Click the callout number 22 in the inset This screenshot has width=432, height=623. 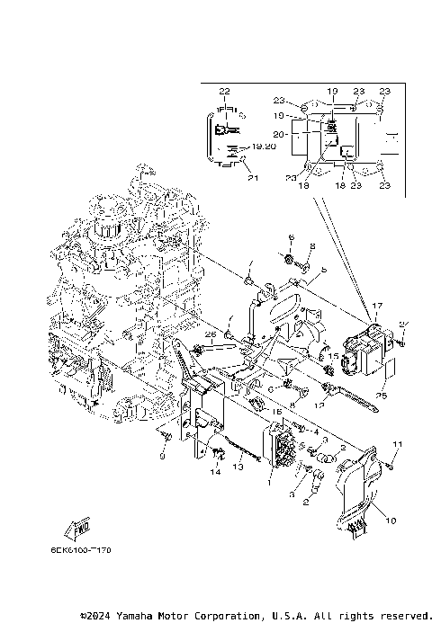(224, 92)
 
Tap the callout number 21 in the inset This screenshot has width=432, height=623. (253, 177)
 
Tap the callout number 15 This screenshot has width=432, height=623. (332, 357)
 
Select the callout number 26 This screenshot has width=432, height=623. (211, 334)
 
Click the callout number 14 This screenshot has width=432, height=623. (217, 473)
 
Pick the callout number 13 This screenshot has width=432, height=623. (238, 467)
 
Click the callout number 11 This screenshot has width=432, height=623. (397, 446)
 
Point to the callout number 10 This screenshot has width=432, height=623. (390, 521)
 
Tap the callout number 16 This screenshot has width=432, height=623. (277, 411)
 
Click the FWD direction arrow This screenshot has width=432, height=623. (77, 529)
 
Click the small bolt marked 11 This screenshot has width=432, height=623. (392, 464)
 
